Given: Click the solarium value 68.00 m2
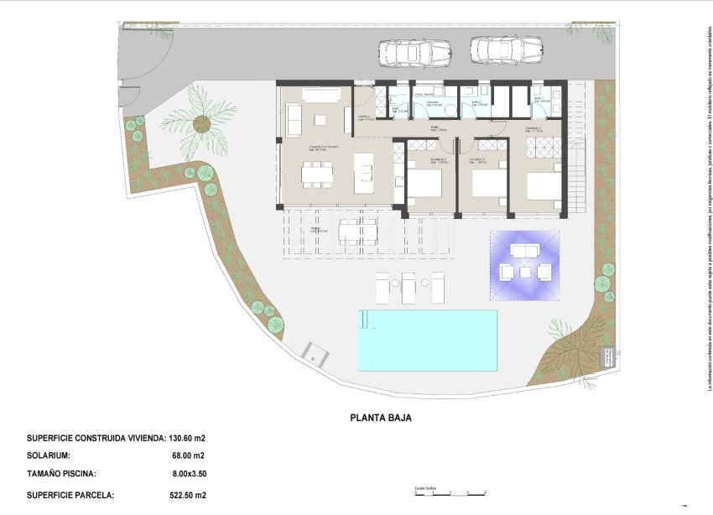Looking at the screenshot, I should (187, 456).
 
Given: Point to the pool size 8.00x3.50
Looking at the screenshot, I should (187, 474).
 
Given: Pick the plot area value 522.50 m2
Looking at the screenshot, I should (187, 495).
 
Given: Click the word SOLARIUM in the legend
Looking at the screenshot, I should (54, 456).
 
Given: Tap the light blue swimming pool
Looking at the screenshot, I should (428, 340).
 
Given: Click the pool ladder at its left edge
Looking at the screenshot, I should (363, 320).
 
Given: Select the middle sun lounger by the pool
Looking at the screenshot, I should (409, 288).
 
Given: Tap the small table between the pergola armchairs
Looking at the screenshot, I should (525, 271).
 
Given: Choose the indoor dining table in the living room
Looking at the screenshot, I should (318, 174).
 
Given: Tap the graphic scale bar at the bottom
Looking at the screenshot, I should (450, 493).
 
